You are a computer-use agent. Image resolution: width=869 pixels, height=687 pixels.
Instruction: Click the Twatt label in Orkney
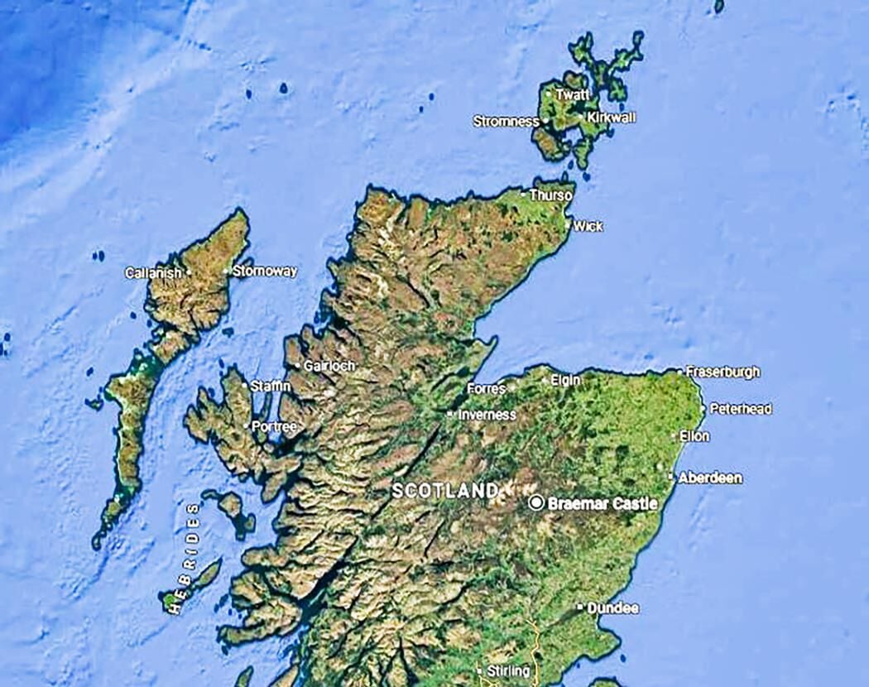click(573, 95)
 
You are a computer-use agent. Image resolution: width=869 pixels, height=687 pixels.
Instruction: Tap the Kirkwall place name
click(612, 118)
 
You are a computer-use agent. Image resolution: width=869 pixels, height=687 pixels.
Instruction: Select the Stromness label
click(506, 122)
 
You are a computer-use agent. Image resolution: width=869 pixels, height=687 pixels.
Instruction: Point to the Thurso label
click(550, 196)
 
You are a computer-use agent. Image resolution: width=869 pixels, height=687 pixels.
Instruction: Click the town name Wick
click(588, 226)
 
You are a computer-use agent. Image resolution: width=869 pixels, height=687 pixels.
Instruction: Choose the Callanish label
click(153, 272)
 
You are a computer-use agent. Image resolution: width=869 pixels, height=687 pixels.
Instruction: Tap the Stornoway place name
click(264, 271)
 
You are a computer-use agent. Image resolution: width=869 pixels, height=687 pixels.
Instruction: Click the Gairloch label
click(329, 366)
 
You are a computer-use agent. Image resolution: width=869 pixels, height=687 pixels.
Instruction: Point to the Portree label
click(273, 426)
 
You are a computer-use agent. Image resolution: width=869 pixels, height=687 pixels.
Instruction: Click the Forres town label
click(486, 388)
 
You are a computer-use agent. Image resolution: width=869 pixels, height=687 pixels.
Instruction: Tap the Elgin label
click(565, 380)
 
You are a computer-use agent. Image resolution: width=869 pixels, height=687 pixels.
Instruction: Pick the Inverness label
click(487, 415)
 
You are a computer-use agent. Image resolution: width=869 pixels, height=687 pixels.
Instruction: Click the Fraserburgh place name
click(723, 372)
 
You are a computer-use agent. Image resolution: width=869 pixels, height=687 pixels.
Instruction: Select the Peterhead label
click(740, 409)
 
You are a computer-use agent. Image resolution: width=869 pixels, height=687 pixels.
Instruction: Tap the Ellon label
click(694, 436)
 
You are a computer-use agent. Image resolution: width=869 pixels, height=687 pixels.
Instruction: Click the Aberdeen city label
click(709, 478)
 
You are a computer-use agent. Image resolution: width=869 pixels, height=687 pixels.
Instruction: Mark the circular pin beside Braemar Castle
click(536, 502)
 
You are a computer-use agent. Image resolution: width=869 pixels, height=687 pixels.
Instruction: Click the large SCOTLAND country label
click(445, 491)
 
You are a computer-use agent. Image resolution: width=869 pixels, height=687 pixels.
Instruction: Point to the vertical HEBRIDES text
click(184, 557)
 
